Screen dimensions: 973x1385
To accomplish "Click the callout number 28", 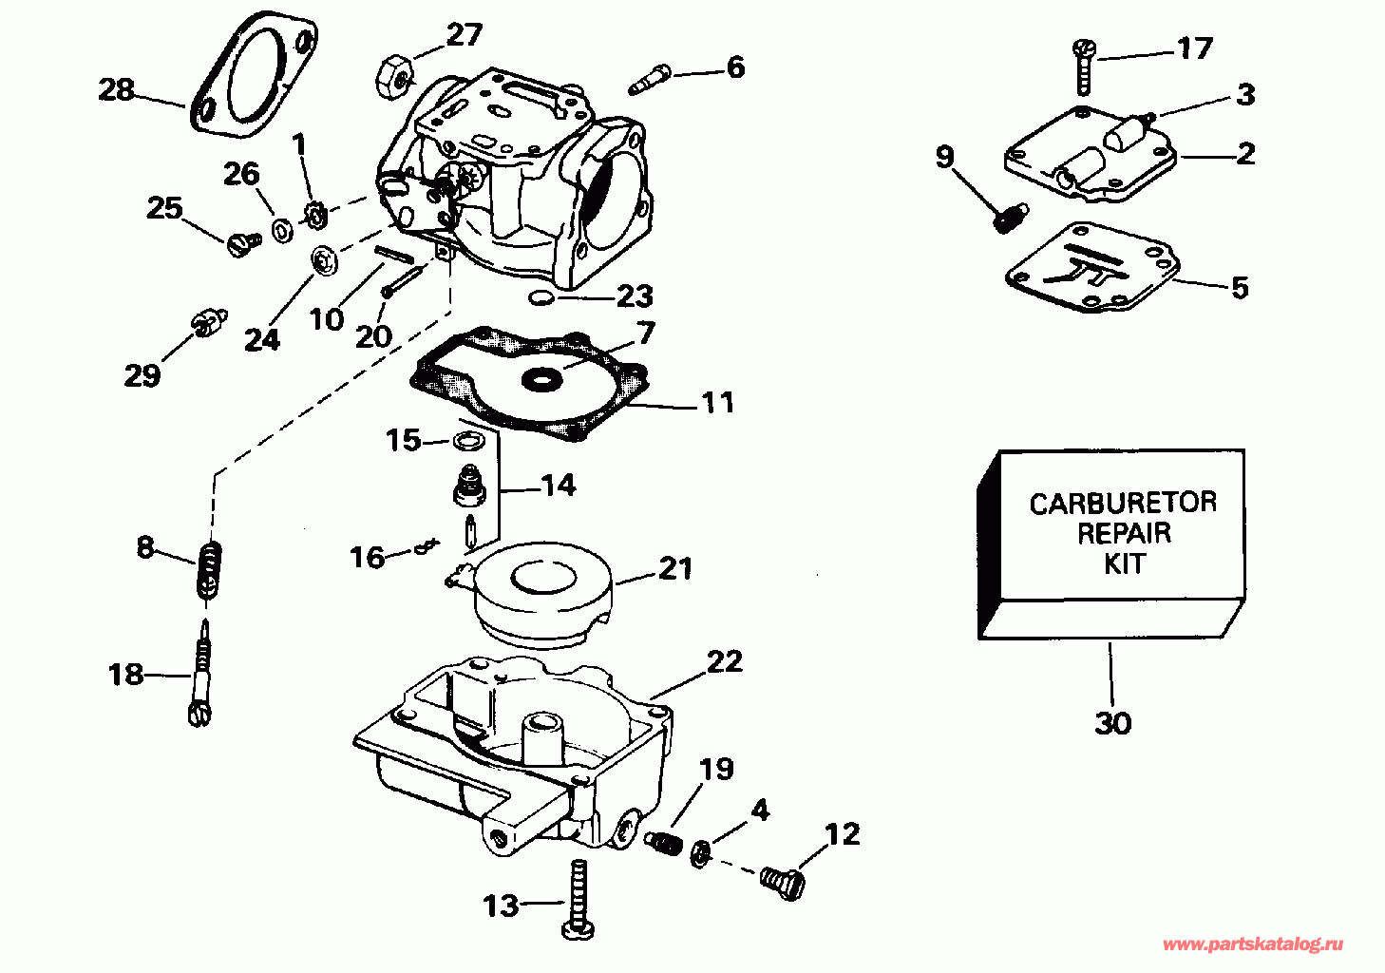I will [117, 90].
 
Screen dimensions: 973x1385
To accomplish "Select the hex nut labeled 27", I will [395, 74].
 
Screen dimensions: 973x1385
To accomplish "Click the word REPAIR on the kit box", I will [1123, 532].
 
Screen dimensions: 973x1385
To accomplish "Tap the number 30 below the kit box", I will [1113, 723].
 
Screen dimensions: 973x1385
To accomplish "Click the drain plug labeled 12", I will [783, 881].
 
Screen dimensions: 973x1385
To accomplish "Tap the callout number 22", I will [724, 661].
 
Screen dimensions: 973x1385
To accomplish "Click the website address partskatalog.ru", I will [1253, 944].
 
